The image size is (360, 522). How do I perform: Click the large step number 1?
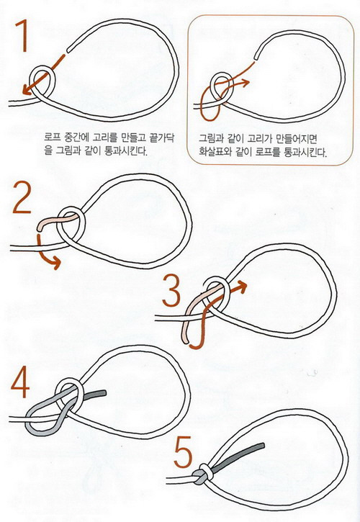[22, 36]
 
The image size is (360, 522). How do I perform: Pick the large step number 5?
[183, 451]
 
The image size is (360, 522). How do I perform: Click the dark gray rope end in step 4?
[94, 395]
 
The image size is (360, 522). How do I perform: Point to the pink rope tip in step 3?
[186, 339]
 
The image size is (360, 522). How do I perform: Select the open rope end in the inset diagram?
[256, 57]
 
